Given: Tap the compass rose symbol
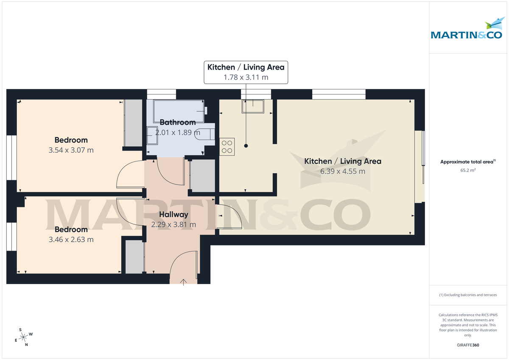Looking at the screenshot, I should pyautogui.click(x=24, y=337).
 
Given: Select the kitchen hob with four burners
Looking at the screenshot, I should pyautogui.click(x=227, y=146).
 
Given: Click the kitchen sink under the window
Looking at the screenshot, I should pyautogui.click(x=253, y=106).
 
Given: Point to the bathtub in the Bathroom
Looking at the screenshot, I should pyautogui.click(x=179, y=110).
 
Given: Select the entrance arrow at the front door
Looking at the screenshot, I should pyautogui.click(x=184, y=282).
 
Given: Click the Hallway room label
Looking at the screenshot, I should pyautogui.click(x=173, y=215).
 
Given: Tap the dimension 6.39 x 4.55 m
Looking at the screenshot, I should pyautogui.click(x=343, y=171).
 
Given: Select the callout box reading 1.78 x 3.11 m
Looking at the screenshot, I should pyautogui.click(x=246, y=73).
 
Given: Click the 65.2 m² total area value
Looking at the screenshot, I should pyautogui.click(x=468, y=170).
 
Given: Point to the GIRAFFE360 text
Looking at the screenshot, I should pyautogui.click(x=468, y=345).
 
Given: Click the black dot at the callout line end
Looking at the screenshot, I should pyautogui.click(x=246, y=146).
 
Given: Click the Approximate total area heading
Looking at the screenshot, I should pyautogui.click(x=467, y=162).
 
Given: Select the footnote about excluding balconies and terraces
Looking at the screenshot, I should pyautogui.click(x=468, y=295).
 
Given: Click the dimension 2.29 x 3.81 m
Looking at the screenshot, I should pyautogui.click(x=173, y=224).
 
